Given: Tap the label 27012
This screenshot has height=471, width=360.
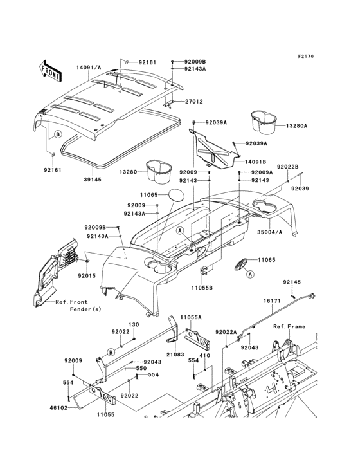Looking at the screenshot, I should point(194,101).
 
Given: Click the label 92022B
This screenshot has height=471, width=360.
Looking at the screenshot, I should point(288,167).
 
